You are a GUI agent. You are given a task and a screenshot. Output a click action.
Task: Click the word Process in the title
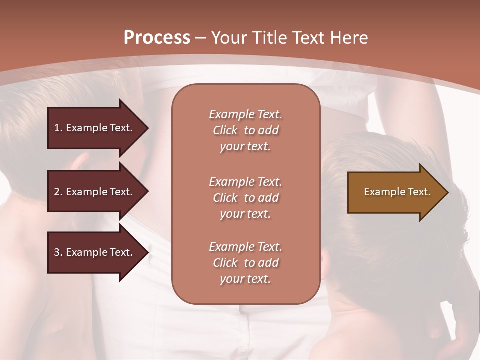157,38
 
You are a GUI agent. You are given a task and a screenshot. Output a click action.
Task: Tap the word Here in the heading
349,38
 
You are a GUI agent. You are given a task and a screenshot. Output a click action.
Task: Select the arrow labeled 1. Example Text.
95,128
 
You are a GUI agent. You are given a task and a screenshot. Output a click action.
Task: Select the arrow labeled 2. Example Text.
95,192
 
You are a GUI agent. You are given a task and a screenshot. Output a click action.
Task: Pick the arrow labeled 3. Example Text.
95,252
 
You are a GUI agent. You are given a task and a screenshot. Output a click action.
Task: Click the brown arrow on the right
395,192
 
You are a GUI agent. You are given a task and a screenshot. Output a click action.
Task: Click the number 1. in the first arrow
58,128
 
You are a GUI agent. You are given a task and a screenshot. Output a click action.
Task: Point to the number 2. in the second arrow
58,192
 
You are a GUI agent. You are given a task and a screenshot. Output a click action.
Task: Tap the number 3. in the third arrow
58,252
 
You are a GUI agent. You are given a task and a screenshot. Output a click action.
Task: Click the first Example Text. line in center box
245,114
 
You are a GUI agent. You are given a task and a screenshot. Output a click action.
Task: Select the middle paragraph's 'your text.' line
245,214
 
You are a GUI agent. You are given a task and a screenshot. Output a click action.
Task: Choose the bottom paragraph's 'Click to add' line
245,263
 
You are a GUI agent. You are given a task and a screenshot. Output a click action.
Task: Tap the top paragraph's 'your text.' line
245,147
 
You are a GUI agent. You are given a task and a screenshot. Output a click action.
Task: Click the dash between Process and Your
201,38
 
